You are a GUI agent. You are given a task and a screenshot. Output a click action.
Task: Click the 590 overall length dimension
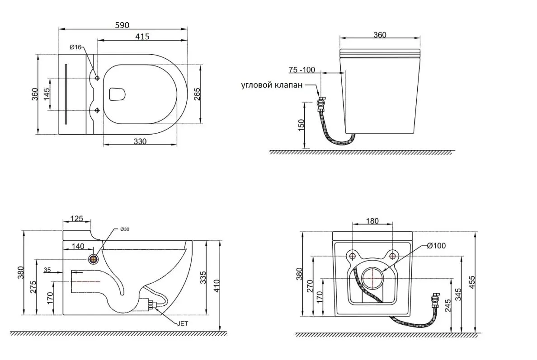[122, 25]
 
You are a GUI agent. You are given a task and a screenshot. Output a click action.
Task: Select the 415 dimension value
[142, 36]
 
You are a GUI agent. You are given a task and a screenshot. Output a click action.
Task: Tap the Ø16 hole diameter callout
[75, 47]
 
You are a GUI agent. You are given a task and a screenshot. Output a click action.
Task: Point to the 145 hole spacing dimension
[47, 94]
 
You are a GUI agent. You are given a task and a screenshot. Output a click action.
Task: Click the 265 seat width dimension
[197, 94]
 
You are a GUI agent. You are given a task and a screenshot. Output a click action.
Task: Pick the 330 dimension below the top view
[140, 141]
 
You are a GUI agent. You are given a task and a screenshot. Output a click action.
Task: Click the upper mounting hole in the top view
[97, 78]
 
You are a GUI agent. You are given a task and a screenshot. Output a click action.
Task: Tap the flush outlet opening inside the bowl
[117, 94]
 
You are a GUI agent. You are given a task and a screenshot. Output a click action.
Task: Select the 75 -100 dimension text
[301, 70]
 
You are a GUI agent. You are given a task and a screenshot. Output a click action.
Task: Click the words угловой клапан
[272, 85]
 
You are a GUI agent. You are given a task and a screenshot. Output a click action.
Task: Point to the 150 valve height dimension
[301, 125]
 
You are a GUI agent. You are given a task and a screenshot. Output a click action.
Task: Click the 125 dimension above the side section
[76, 218]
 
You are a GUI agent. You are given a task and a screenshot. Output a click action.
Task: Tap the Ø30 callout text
[124, 229]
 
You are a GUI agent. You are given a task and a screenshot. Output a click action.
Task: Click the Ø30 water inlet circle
[93, 259]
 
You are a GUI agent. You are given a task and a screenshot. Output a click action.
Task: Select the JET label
[182, 323]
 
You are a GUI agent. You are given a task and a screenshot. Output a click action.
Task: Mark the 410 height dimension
[216, 286]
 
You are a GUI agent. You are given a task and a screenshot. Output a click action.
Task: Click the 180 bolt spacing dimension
[372, 221]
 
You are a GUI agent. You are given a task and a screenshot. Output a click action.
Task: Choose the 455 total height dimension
[472, 282]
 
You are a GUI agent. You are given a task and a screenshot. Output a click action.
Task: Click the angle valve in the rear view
[435, 300]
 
